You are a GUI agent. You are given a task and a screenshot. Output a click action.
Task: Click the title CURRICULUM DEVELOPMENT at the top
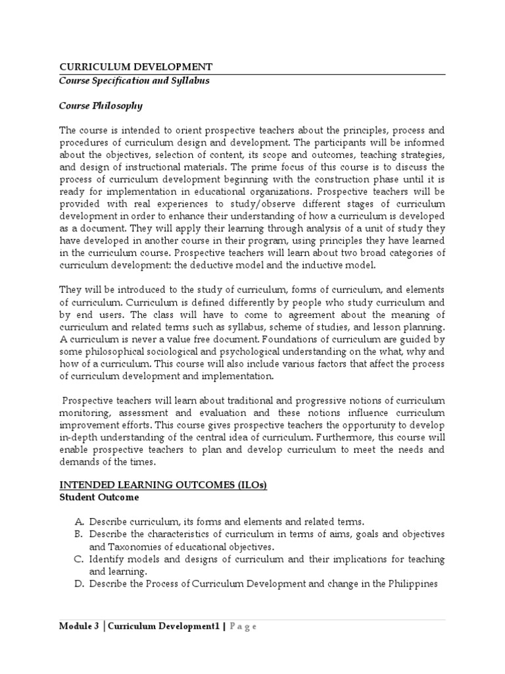point(136,66)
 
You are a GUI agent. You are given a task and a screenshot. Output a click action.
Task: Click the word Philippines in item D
point(414,584)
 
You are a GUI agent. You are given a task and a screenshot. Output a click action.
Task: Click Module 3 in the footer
point(79,627)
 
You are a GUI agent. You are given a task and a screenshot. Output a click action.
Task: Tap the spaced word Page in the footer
point(242,627)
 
